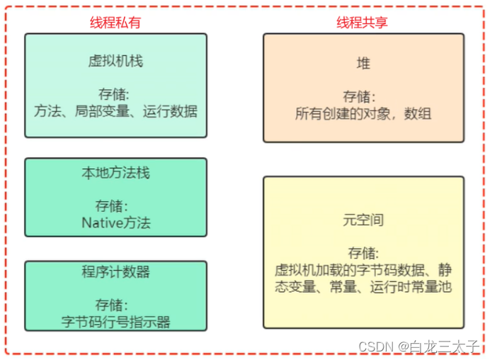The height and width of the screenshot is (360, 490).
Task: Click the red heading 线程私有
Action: coord(115,22)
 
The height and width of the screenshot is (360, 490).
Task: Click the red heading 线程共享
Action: coord(362,22)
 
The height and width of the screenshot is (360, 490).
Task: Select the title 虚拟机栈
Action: coord(115,61)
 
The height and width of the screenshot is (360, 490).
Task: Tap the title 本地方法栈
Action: coord(115,173)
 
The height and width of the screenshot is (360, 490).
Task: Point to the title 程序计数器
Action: coord(115,273)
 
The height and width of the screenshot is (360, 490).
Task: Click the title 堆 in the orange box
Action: coord(363,64)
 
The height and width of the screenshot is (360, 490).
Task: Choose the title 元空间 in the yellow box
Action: coord(363,220)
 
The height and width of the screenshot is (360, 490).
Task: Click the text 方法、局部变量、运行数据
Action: coord(115,111)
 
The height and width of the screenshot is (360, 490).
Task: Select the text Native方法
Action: coord(115,223)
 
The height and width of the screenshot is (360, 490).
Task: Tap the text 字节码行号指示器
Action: coord(115,322)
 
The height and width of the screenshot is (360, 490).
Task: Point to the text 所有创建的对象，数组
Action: coord(363,113)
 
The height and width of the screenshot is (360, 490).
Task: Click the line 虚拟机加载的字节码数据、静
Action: coord(363,270)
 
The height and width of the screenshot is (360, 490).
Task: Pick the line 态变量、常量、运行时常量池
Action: coord(363,286)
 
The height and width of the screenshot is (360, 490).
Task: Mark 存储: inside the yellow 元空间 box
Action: coord(363,254)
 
